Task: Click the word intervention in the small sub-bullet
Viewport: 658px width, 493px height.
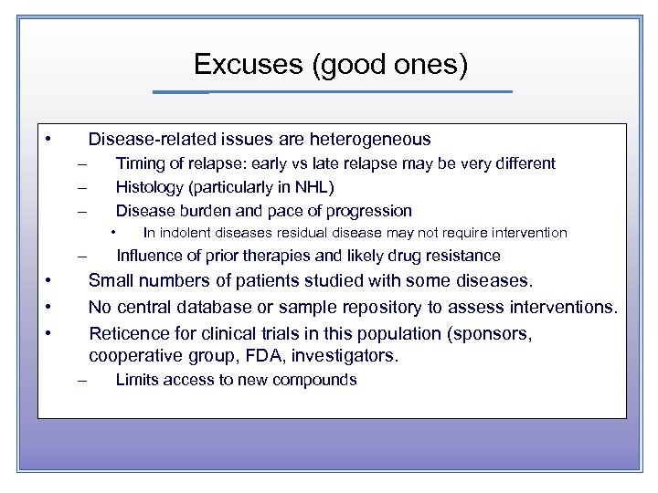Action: point(527,234)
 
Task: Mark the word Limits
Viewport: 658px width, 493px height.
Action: point(135,380)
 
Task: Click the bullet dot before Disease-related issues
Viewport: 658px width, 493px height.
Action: point(48,140)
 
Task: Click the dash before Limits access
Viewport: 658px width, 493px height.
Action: point(82,381)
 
